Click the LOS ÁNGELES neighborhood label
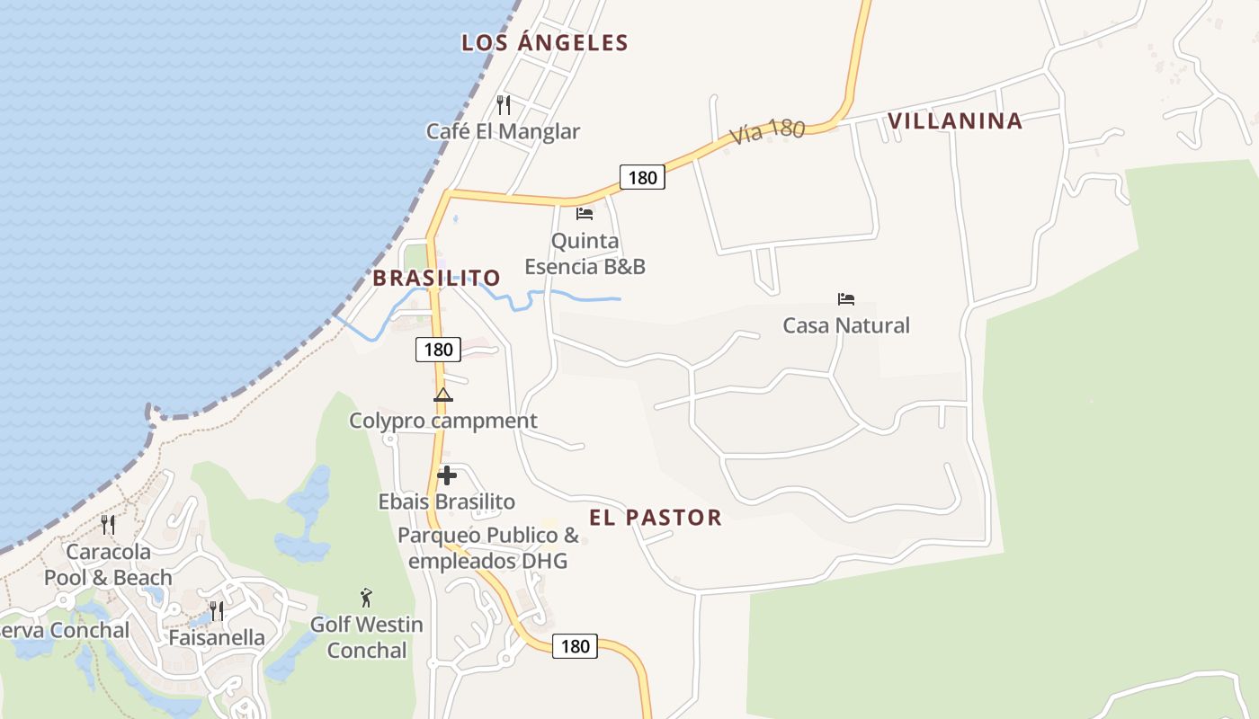pos(545,42)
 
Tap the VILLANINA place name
pos(955,120)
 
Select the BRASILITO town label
pos(436,278)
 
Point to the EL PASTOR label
pos(656,517)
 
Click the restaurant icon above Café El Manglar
pos(504,105)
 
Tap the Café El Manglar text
pos(503,131)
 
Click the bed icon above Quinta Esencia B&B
pos(585,214)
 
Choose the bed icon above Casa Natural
pos(846,299)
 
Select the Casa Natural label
pos(846,325)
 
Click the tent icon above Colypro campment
pos(442,395)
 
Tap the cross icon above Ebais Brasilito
pos(447,475)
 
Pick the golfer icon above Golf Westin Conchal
pos(366,598)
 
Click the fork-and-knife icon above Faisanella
pos(217,611)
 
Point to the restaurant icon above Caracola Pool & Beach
pos(108,524)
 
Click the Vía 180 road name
pos(767,131)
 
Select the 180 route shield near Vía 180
pos(642,177)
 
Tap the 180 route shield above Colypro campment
pos(438,349)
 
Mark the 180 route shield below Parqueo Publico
pos(575,645)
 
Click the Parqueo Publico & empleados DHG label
pos(488,548)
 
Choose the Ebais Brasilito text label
pos(447,502)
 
